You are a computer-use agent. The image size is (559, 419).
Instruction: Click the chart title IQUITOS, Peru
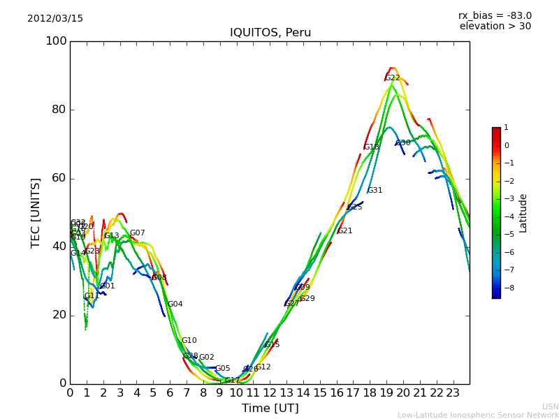(x=270, y=33)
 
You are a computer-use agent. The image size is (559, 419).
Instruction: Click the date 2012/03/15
(x=55, y=19)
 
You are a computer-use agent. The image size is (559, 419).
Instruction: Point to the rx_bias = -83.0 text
(x=495, y=15)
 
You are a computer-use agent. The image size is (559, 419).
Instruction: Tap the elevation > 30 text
(x=495, y=27)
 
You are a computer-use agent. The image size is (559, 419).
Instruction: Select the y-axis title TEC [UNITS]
(x=36, y=212)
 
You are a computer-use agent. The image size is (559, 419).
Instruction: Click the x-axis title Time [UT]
(x=270, y=409)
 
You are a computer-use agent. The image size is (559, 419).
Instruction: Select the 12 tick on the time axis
(x=270, y=392)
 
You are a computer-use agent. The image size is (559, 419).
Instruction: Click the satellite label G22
(x=393, y=78)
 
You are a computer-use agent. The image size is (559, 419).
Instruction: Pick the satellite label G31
(x=375, y=191)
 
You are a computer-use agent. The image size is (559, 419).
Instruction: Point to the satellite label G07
(x=138, y=233)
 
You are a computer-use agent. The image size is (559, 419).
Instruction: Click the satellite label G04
(x=175, y=304)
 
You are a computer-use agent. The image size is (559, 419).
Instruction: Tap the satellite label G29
(x=307, y=299)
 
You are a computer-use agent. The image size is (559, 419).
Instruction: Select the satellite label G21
(x=345, y=231)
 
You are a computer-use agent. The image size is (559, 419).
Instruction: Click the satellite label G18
(x=372, y=147)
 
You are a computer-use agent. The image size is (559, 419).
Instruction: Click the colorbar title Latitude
(x=523, y=213)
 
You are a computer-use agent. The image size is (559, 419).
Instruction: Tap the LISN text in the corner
(x=551, y=406)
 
